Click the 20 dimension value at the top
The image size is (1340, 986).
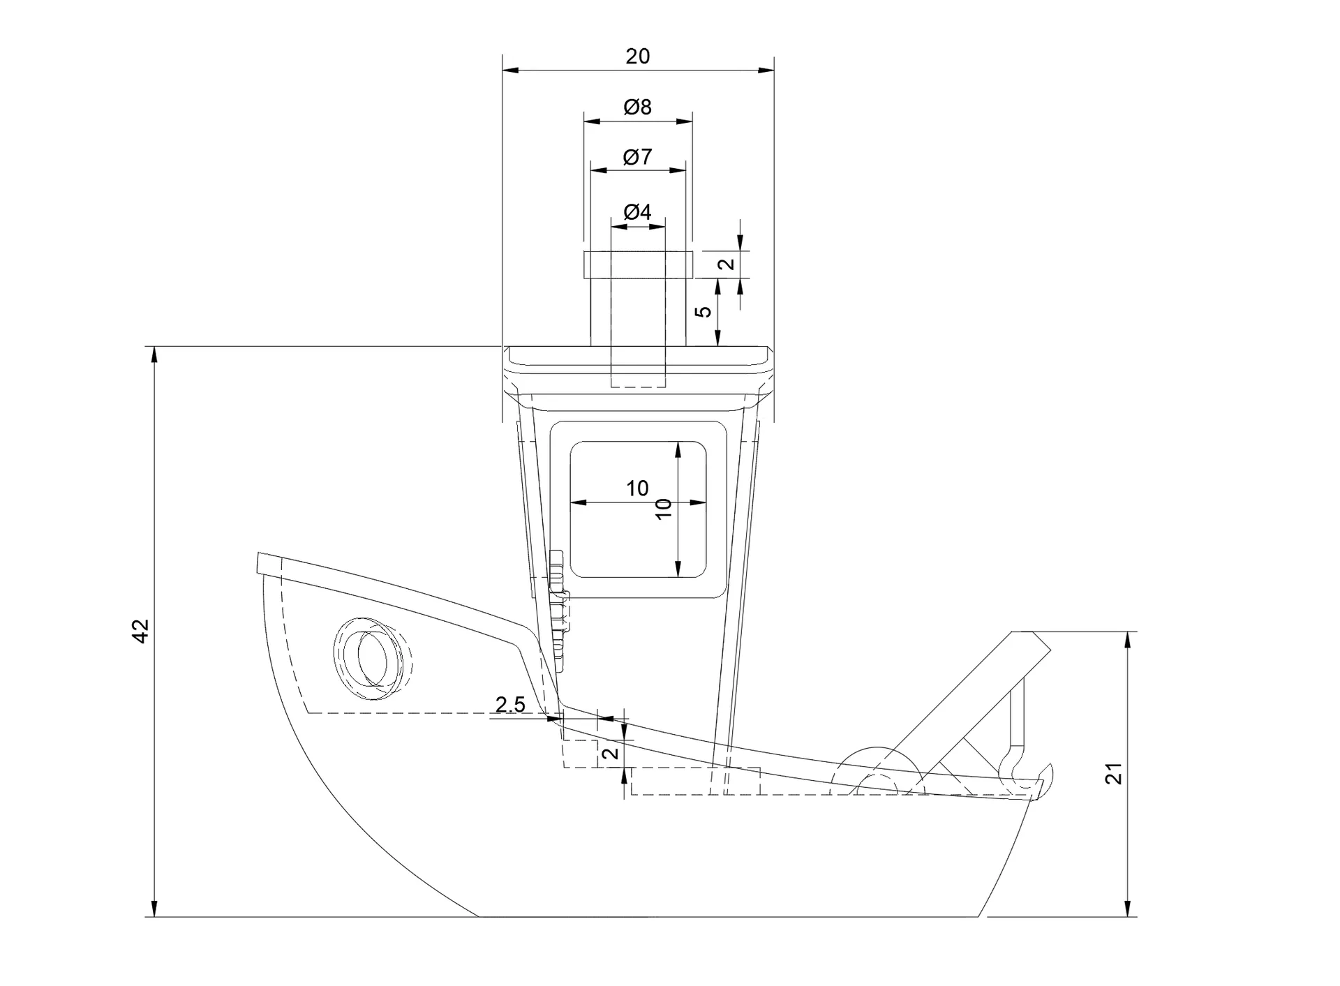click(637, 56)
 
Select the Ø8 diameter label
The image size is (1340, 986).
click(637, 107)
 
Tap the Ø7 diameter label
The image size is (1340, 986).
click(637, 157)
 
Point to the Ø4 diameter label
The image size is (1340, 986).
click(637, 211)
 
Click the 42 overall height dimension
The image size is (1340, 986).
click(142, 631)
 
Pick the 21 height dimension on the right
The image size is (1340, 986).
click(1115, 774)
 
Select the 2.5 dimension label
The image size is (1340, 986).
click(510, 705)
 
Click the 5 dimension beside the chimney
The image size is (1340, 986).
click(705, 311)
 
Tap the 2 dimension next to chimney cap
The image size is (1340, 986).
click(727, 264)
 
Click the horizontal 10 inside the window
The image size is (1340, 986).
click(637, 488)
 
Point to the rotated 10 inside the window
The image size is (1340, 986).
click(664, 508)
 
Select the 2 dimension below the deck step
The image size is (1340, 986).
click(611, 753)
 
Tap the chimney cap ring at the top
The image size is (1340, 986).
click(638, 264)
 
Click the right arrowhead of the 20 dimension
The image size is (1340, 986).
click(766, 70)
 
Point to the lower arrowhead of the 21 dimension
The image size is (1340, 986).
click(1128, 907)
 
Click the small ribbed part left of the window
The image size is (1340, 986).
click(558, 604)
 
